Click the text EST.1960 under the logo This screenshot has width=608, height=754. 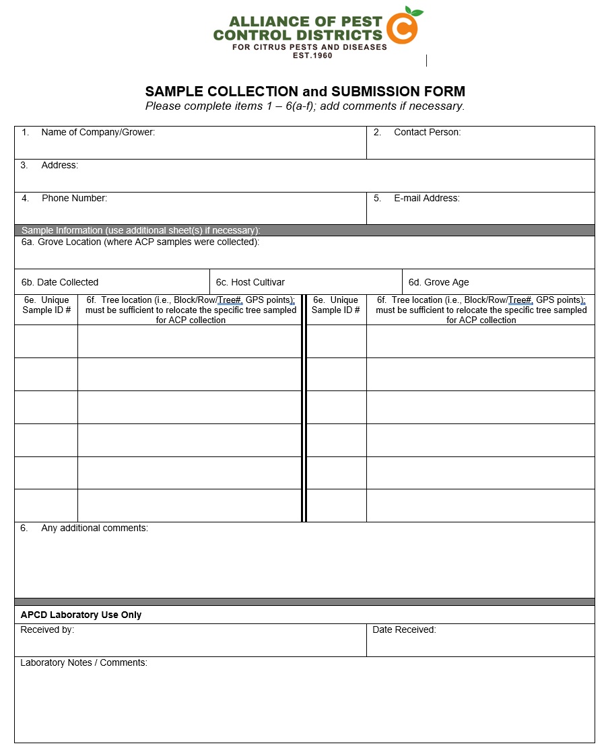click(312, 55)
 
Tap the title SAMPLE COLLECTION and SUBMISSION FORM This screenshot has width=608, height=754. click(305, 92)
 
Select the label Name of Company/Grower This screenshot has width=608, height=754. click(98, 133)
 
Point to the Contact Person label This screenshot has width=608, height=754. click(427, 133)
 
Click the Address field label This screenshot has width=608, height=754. click(59, 166)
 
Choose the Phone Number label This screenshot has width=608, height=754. click(74, 199)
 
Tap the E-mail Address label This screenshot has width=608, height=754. click(426, 199)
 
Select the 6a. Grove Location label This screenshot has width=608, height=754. click(140, 242)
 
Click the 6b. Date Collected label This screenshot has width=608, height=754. click(60, 283)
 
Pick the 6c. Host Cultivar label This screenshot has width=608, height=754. click(250, 283)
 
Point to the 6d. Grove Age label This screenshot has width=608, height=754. click(438, 283)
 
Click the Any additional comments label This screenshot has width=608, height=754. click(94, 528)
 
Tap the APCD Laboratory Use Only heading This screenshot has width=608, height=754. click(81, 615)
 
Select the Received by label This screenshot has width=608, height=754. click(47, 630)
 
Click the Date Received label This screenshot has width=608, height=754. click(404, 630)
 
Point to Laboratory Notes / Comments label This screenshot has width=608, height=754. click(83, 663)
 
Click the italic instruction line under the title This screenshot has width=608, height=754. click(305, 106)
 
